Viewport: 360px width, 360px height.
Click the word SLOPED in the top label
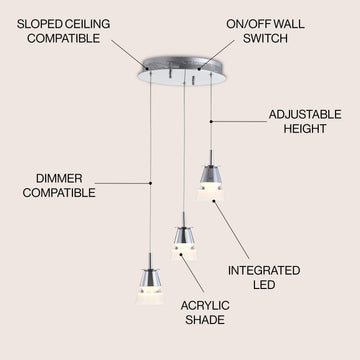tap(36, 24)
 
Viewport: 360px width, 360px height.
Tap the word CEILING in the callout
tap(83, 24)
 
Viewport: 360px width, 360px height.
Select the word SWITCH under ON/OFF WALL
tap(265, 38)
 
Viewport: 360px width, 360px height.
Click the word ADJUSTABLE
tap(305, 115)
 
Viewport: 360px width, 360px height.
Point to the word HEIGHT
tap(305, 129)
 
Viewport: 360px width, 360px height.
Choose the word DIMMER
tap(59, 178)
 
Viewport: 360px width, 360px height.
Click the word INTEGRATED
tap(264, 271)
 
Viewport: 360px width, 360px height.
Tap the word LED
tap(264, 285)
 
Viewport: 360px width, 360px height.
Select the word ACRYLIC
tap(205, 306)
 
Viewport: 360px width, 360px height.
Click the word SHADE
tap(205, 320)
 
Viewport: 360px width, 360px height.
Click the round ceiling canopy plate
tap(182, 71)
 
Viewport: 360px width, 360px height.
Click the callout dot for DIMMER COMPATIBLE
tap(150, 183)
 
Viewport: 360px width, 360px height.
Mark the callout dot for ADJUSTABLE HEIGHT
tap(211, 122)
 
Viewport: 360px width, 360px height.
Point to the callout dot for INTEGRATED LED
tap(214, 201)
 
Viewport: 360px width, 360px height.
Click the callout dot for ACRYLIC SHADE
tap(181, 255)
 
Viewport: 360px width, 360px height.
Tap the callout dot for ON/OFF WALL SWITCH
tap(199, 69)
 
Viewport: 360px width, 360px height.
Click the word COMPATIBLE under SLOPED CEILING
tap(63, 38)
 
